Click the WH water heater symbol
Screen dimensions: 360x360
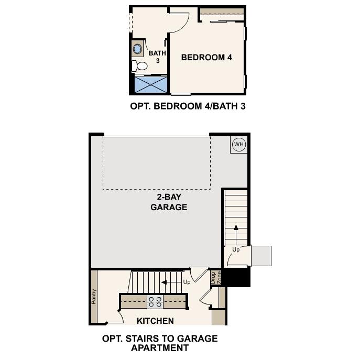[238, 145]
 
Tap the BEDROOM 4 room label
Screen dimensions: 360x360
[206, 57]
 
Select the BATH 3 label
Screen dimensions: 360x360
[157, 57]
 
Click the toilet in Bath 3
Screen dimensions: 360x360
[140, 67]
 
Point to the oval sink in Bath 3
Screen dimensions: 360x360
[138, 50]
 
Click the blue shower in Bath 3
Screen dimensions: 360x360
[151, 85]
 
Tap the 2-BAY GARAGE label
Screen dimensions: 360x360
[169, 202]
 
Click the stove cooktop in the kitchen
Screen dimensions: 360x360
[155, 302]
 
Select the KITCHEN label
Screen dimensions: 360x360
[155, 321]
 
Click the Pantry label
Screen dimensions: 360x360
[94, 297]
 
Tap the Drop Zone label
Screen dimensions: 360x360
[216, 277]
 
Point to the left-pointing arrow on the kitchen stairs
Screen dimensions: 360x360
[170, 282]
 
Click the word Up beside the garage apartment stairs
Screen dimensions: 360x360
[236, 250]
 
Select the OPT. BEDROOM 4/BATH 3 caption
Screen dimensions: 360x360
[188, 106]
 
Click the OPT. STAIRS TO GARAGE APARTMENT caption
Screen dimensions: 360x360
[160, 343]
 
